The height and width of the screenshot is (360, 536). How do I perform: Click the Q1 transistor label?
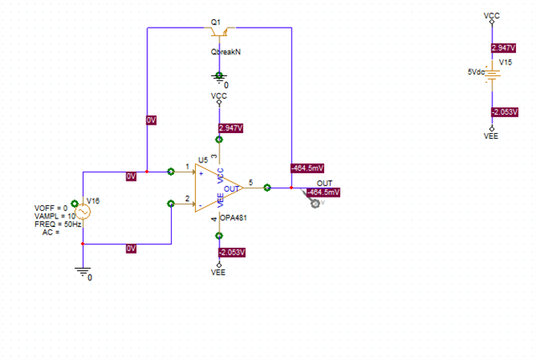[x=216, y=21]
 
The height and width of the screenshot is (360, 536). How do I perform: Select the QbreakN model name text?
[x=226, y=51]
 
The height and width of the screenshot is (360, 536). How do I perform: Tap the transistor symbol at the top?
[x=219, y=33]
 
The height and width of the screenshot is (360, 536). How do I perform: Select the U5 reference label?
[x=203, y=159]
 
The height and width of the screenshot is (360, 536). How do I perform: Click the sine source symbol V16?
[x=83, y=212]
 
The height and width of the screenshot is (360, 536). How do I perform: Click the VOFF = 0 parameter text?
[x=50, y=208]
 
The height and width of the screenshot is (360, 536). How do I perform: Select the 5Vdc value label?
[x=476, y=72]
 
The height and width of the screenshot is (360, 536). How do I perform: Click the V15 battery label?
[x=505, y=61]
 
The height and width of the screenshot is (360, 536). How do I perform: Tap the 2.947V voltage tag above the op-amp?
[x=230, y=128]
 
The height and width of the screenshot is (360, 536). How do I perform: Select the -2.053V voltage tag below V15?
[x=505, y=111]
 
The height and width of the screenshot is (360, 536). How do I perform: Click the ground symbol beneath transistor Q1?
[x=219, y=78]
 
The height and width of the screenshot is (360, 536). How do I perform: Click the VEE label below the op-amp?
[x=219, y=272]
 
